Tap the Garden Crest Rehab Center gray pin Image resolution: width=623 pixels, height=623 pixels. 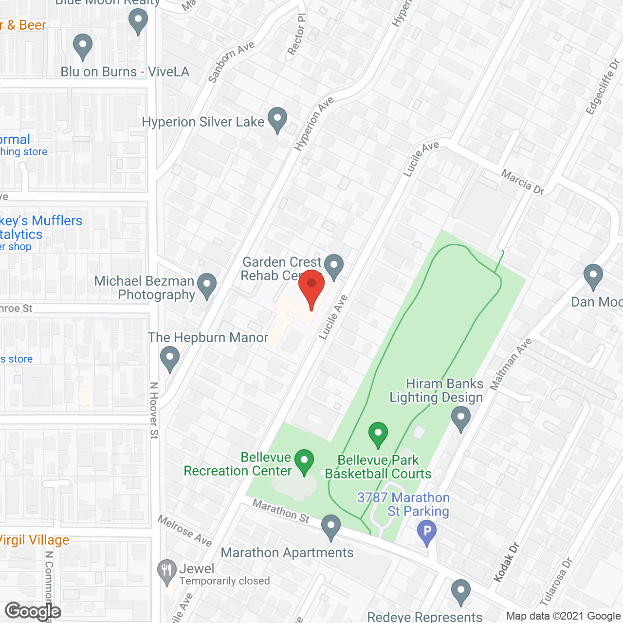pyautogui.click(x=334, y=266)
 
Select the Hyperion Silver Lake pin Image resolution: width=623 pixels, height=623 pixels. pyautogui.click(x=277, y=119)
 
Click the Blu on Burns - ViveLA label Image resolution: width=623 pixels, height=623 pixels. pyautogui.click(x=125, y=72)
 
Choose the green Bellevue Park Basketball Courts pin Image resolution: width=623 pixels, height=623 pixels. pyautogui.click(x=378, y=434)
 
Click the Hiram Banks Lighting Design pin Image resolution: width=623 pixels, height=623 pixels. pyautogui.click(x=460, y=418)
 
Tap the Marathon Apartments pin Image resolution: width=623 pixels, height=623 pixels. pyautogui.click(x=331, y=526)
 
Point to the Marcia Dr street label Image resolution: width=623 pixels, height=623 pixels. pyautogui.click(x=523, y=183)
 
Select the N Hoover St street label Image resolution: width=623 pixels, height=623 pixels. pyautogui.click(x=154, y=410)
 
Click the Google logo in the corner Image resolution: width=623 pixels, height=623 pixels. pyautogui.click(x=33, y=611)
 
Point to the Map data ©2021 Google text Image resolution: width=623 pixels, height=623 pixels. pyautogui.click(x=564, y=616)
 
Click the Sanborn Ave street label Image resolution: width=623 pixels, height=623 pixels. pyautogui.click(x=231, y=61)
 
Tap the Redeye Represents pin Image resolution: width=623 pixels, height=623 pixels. pyautogui.click(x=460, y=591)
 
